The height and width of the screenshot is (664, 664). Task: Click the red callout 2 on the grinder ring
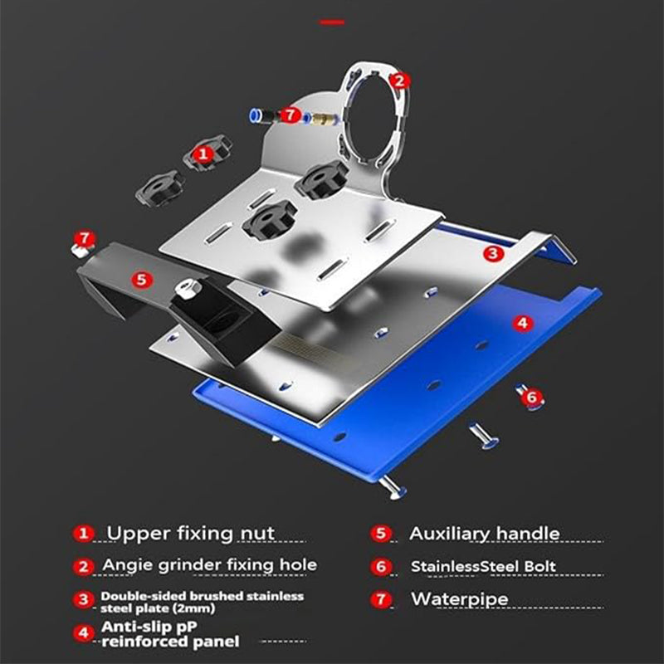click(x=399, y=81)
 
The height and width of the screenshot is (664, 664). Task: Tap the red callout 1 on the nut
click(x=203, y=154)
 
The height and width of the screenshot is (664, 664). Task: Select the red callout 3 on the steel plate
click(x=493, y=253)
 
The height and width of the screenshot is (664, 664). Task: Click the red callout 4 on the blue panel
click(x=523, y=323)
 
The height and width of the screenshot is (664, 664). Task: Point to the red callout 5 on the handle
click(x=141, y=280)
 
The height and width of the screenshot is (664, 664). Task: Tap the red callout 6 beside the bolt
click(x=532, y=398)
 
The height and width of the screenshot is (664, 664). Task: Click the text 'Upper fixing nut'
click(x=191, y=533)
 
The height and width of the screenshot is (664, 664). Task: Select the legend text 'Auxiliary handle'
click(x=485, y=534)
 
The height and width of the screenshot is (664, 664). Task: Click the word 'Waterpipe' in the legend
click(x=459, y=598)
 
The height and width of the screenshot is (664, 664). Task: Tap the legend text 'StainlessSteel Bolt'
click(x=483, y=566)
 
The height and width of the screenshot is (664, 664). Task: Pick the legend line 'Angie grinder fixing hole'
click(x=210, y=565)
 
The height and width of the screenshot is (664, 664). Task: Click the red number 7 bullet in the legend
click(x=381, y=599)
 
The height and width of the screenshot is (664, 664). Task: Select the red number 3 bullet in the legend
click(x=84, y=599)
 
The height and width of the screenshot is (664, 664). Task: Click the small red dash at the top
click(x=333, y=22)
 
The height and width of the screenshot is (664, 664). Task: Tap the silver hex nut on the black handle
click(x=188, y=287)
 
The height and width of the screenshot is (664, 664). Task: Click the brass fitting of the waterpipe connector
click(x=321, y=118)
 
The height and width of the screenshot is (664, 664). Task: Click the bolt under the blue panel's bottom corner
click(x=393, y=487)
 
